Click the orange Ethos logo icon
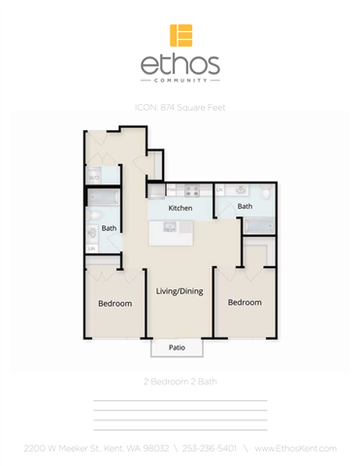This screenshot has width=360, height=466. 180,35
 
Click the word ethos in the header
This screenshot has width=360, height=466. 180,66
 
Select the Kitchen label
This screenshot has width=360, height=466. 180,208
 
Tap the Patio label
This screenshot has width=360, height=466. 177,346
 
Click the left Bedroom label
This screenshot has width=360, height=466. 115,303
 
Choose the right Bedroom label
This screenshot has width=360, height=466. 245,302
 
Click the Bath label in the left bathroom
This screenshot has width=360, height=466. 109,229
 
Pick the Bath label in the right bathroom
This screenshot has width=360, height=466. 245,206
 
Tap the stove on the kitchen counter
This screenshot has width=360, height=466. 191,191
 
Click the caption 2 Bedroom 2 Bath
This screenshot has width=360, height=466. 180,383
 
